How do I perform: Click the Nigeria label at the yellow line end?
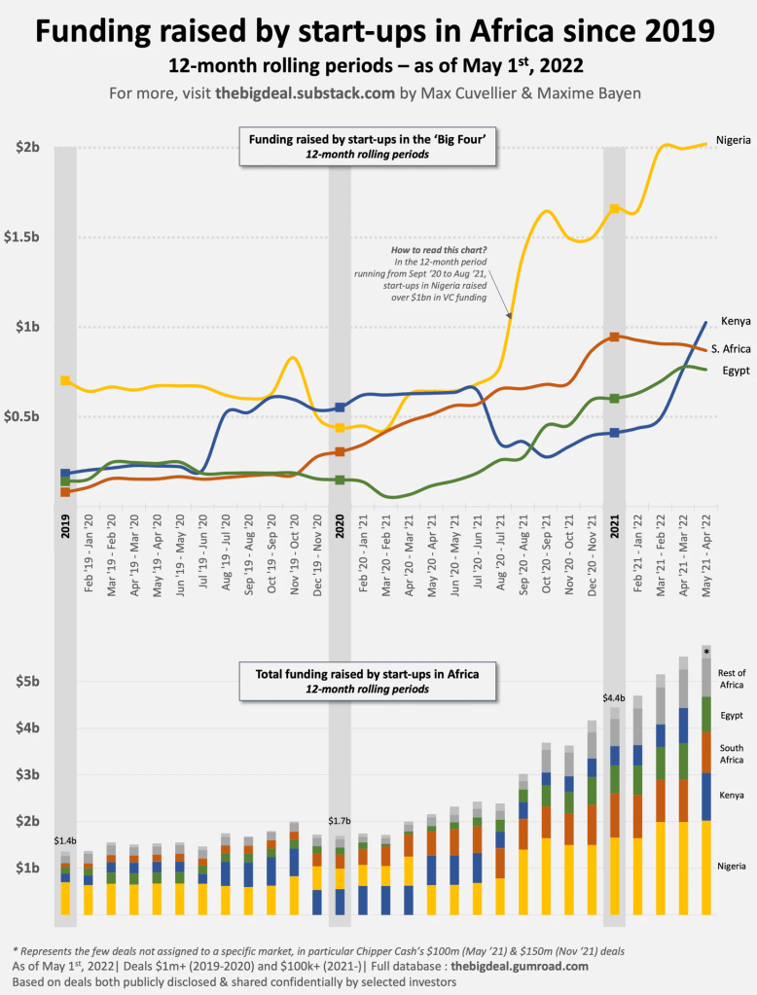pos(733,140)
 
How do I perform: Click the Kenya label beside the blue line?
pos(735,321)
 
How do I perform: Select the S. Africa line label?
pos(729,349)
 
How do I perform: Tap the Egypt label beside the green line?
pos(735,371)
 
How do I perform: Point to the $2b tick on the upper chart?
pos(27,148)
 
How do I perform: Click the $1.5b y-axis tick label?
pos(27,237)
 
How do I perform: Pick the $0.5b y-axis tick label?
pos(27,417)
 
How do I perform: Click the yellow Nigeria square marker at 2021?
pos(614,208)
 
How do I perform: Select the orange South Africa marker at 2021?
pos(614,337)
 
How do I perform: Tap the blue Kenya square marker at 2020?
pos(340,408)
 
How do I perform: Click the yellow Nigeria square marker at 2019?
pos(65,380)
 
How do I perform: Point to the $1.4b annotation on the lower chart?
pos(65,838)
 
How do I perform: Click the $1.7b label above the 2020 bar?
pos(340,822)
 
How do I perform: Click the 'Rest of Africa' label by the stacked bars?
pos(731,678)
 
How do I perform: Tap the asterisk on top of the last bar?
pos(707,651)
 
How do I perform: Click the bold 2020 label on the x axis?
pos(340,525)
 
